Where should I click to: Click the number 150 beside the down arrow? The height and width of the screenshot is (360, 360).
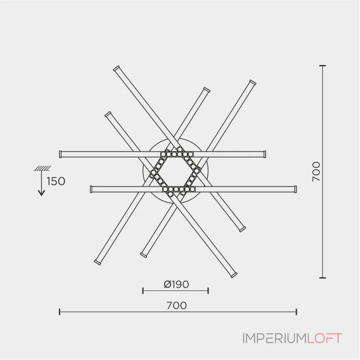point(56,181)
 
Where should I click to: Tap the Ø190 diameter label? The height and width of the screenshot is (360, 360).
point(176,284)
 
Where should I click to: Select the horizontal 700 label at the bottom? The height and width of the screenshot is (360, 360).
point(176,305)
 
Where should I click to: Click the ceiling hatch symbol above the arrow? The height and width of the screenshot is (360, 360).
point(41,168)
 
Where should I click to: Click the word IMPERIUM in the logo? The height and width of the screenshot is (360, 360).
point(274,338)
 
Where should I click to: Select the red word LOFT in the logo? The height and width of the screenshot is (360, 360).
point(324,338)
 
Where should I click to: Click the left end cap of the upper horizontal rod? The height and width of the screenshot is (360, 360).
point(60,154)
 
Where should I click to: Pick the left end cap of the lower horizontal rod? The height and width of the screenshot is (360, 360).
point(91,189)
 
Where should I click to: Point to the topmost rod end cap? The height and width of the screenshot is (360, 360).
point(116,67)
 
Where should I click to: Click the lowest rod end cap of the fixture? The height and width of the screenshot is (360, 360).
point(234,274)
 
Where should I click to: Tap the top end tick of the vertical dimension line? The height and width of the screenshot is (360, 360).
point(322,66)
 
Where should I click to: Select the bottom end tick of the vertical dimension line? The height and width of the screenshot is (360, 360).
point(322,278)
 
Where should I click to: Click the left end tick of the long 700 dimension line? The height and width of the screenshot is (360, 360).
point(60,311)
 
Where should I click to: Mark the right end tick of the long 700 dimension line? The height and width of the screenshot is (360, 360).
point(296,311)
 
